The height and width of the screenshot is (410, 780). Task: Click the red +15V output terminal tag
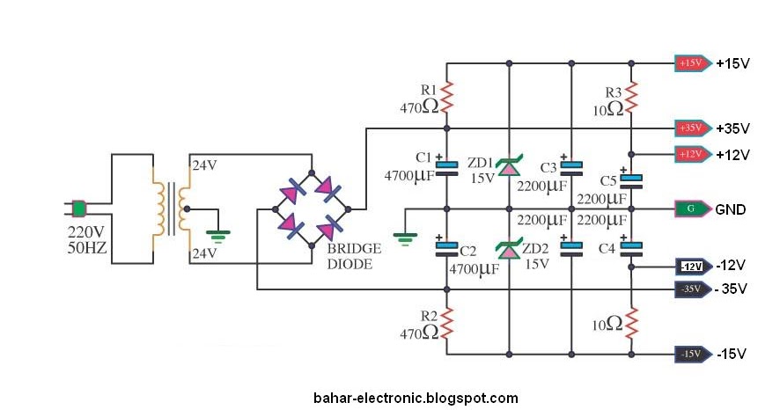693,63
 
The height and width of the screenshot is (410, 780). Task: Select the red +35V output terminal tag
693,128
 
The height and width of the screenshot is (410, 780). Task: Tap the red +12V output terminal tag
693,154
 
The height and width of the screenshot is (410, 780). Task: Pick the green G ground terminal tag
693,209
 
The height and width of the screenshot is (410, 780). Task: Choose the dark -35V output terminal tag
693,289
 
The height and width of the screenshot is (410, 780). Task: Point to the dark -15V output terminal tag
693,355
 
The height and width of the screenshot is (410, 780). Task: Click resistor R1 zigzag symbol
446,97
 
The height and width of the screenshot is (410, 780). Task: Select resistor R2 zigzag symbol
446,323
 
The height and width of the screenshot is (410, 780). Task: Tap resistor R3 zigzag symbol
631,98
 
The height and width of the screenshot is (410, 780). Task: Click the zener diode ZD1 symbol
509,166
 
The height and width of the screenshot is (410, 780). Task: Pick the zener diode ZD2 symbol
509,248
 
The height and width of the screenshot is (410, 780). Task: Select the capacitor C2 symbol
446,247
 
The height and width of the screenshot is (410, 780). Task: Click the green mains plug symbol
78,209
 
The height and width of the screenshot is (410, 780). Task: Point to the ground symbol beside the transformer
217,236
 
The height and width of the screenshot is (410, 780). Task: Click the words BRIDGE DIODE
354,256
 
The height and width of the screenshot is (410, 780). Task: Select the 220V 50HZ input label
87,239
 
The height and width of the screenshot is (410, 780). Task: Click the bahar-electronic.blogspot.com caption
416,398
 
